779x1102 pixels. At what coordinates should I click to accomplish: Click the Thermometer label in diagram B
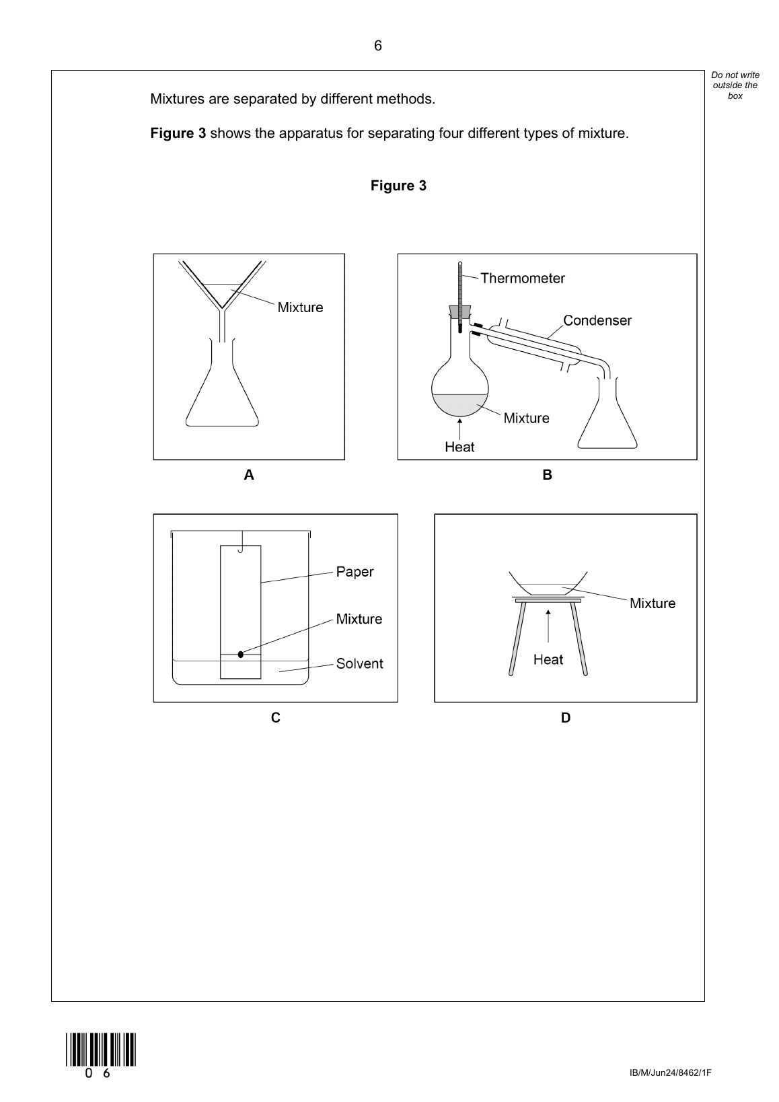coord(523,278)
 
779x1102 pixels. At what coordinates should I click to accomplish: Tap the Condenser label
coord(597,320)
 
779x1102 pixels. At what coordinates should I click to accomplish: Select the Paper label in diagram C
coord(355,572)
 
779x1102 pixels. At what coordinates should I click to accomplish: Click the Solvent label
coord(359,663)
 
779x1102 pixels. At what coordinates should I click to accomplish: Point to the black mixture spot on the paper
coord(241,654)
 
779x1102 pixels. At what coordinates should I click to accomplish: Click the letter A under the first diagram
coord(249,475)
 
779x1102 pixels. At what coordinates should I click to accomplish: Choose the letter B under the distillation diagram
coord(547,475)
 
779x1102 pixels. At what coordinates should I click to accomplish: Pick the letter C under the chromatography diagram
coord(276,718)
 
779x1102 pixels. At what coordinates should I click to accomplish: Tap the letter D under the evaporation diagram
coord(566,718)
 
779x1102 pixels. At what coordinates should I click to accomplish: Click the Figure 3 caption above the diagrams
coord(398,186)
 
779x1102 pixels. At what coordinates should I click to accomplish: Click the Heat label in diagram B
coord(459,447)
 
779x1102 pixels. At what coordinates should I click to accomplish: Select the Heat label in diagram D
coord(548,659)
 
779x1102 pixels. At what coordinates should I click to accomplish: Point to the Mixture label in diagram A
coord(300,307)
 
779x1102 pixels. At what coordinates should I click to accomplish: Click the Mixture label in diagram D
coord(652,603)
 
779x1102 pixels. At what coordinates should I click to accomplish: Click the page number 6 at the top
coord(377,46)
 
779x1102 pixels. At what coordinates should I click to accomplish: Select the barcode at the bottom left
coord(101,1049)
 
